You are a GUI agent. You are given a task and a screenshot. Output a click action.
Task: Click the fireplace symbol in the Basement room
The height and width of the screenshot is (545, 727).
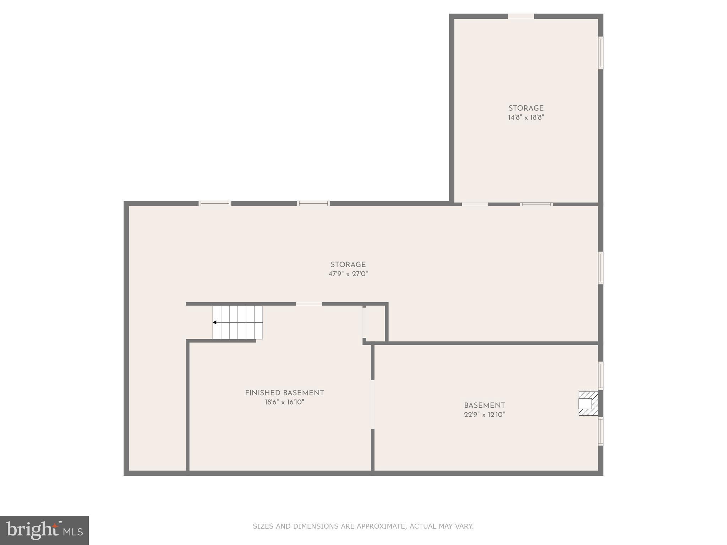coord(588,403)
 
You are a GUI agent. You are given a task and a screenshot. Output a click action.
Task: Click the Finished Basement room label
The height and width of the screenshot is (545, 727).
coord(284,393)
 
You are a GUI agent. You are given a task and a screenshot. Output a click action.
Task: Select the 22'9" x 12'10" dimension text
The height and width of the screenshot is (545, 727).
coord(484,414)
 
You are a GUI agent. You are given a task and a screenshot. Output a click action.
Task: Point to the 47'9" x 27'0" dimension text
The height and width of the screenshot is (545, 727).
coord(348,274)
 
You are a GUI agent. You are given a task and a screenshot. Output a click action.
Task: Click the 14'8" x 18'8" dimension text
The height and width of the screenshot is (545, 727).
coord(526,117)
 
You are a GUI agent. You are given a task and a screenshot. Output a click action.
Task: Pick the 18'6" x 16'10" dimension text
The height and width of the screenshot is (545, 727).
coord(284,402)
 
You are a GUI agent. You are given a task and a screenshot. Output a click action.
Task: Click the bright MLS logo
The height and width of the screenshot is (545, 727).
coord(44,530)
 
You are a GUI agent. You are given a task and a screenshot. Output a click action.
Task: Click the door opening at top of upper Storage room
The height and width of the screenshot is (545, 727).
coord(521,16)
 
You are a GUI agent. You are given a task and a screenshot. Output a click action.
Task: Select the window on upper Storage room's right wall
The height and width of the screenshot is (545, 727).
coord(601,53)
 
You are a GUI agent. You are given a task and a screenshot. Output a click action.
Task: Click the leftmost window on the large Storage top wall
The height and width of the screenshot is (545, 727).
coord(215,203)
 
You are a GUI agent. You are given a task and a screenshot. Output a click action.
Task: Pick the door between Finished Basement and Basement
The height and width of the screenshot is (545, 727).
coord(372,404)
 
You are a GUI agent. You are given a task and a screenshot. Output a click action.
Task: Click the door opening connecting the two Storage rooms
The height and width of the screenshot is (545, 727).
coord(475,204)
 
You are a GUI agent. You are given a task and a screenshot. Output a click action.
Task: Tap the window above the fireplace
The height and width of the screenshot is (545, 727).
coord(601,376)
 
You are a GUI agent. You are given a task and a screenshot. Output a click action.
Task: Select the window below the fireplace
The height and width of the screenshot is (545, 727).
coord(601,431)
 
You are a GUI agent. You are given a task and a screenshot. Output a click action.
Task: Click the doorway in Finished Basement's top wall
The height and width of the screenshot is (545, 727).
coord(309,304)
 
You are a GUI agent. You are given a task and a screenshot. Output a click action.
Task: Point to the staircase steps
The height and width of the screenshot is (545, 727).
coord(238,322)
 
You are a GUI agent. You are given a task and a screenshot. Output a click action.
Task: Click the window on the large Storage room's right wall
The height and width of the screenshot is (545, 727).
coord(601,268)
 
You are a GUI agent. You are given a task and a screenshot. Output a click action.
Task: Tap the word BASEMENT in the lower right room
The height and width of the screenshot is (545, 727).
coord(484,405)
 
